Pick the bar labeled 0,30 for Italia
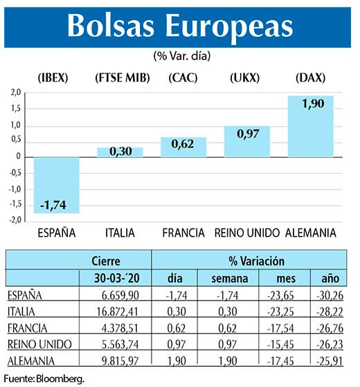click(120, 152)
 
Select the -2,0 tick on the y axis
click(15, 221)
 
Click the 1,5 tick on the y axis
click(15, 109)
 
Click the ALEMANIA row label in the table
click(33, 361)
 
